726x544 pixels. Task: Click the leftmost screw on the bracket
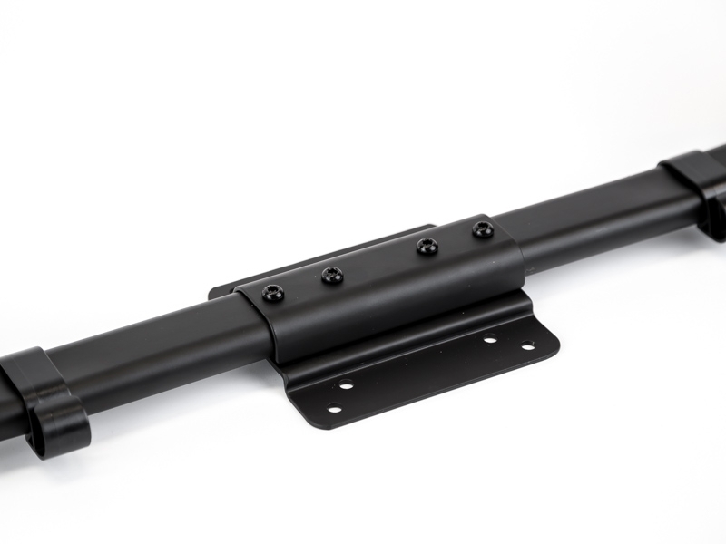[272, 292]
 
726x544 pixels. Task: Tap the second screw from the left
[332, 274]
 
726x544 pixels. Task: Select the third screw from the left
[427, 245]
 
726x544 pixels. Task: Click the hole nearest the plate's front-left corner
[333, 408]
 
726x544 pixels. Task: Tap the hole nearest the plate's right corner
[527, 345]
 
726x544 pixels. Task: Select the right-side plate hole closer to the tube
[490, 340]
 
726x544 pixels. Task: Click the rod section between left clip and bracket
[154, 340]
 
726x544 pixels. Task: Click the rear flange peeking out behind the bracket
[227, 291]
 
